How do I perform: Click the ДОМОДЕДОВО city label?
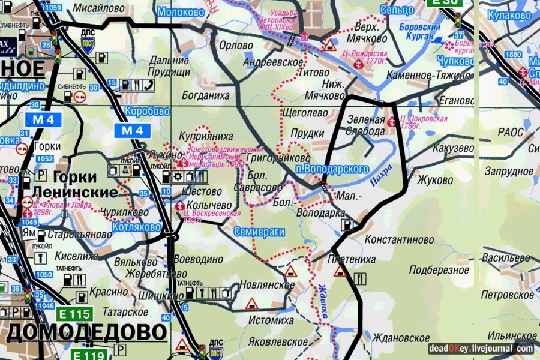[86, 332]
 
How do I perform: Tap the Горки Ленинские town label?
[76, 185]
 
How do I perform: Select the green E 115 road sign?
[74, 313]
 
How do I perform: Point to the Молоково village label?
[179, 12]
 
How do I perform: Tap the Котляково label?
[136, 227]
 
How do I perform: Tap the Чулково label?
[455, 61]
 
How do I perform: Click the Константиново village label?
[399, 239]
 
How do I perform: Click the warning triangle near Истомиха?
[251, 304]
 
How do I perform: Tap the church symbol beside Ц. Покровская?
[392, 122]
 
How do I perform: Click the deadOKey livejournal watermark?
[480, 348]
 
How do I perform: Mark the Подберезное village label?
[439, 270]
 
